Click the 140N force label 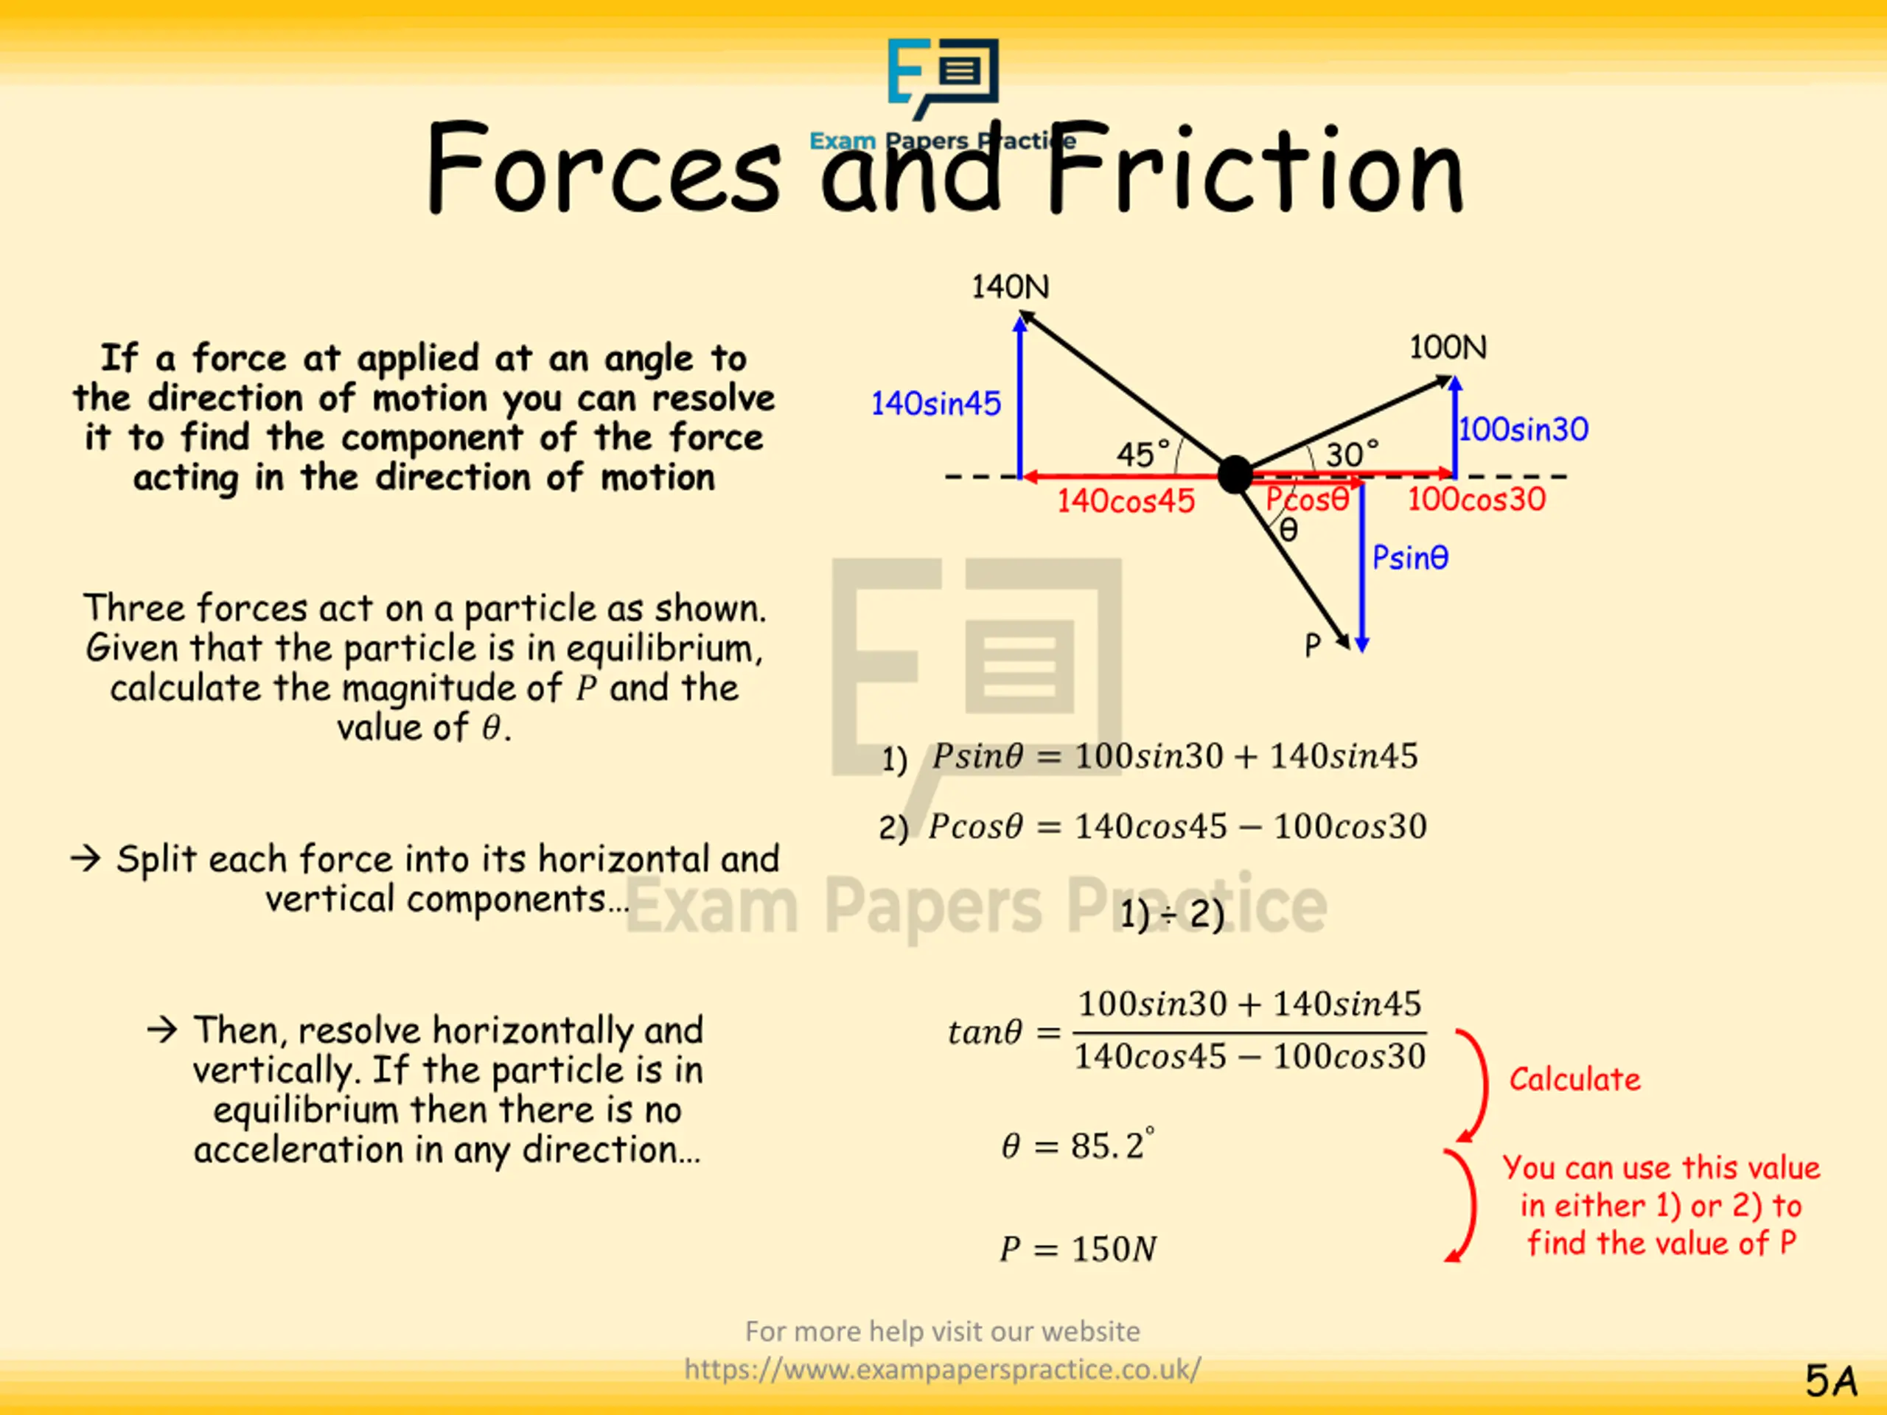coord(1010,287)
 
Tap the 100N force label coord(1448,347)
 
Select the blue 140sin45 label coord(936,403)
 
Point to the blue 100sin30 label coord(1524,429)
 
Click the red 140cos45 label coord(1126,500)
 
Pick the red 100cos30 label coord(1476,499)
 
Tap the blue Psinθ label coord(1410,558)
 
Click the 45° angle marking coord(1143,454)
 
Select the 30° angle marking coord(1352,454)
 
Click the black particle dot coord(1235,474)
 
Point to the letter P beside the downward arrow coord(1313,646)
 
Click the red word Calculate coord(1574,1079)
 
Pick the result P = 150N coord(1078,1248)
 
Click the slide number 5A coord(1831,1381)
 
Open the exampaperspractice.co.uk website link coord(943,1369)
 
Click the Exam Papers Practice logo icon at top coord(943,77)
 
